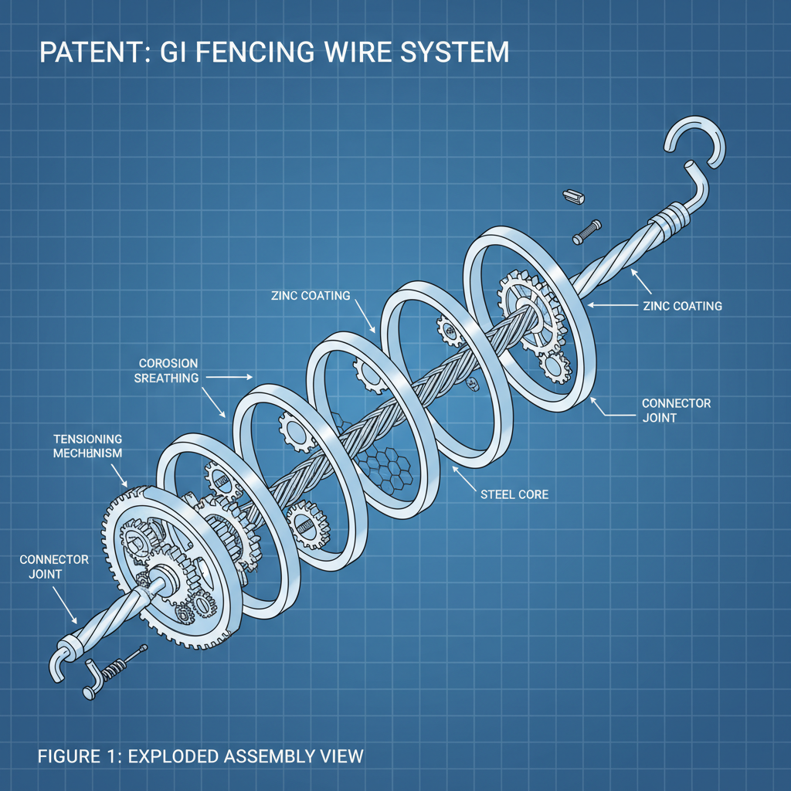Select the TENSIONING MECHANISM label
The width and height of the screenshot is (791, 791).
(x=88, y=446)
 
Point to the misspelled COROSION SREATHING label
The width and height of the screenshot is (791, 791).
(x=168, y=370)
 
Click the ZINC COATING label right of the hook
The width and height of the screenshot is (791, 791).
(x=682, y=306)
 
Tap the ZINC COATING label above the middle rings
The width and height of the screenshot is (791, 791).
(x=311, y=296)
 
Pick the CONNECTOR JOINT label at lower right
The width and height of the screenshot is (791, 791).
(x=676, y=410)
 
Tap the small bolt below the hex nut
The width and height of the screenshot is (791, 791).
(x=586, y=230)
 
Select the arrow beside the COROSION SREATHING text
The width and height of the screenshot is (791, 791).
(x=228, y=377)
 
